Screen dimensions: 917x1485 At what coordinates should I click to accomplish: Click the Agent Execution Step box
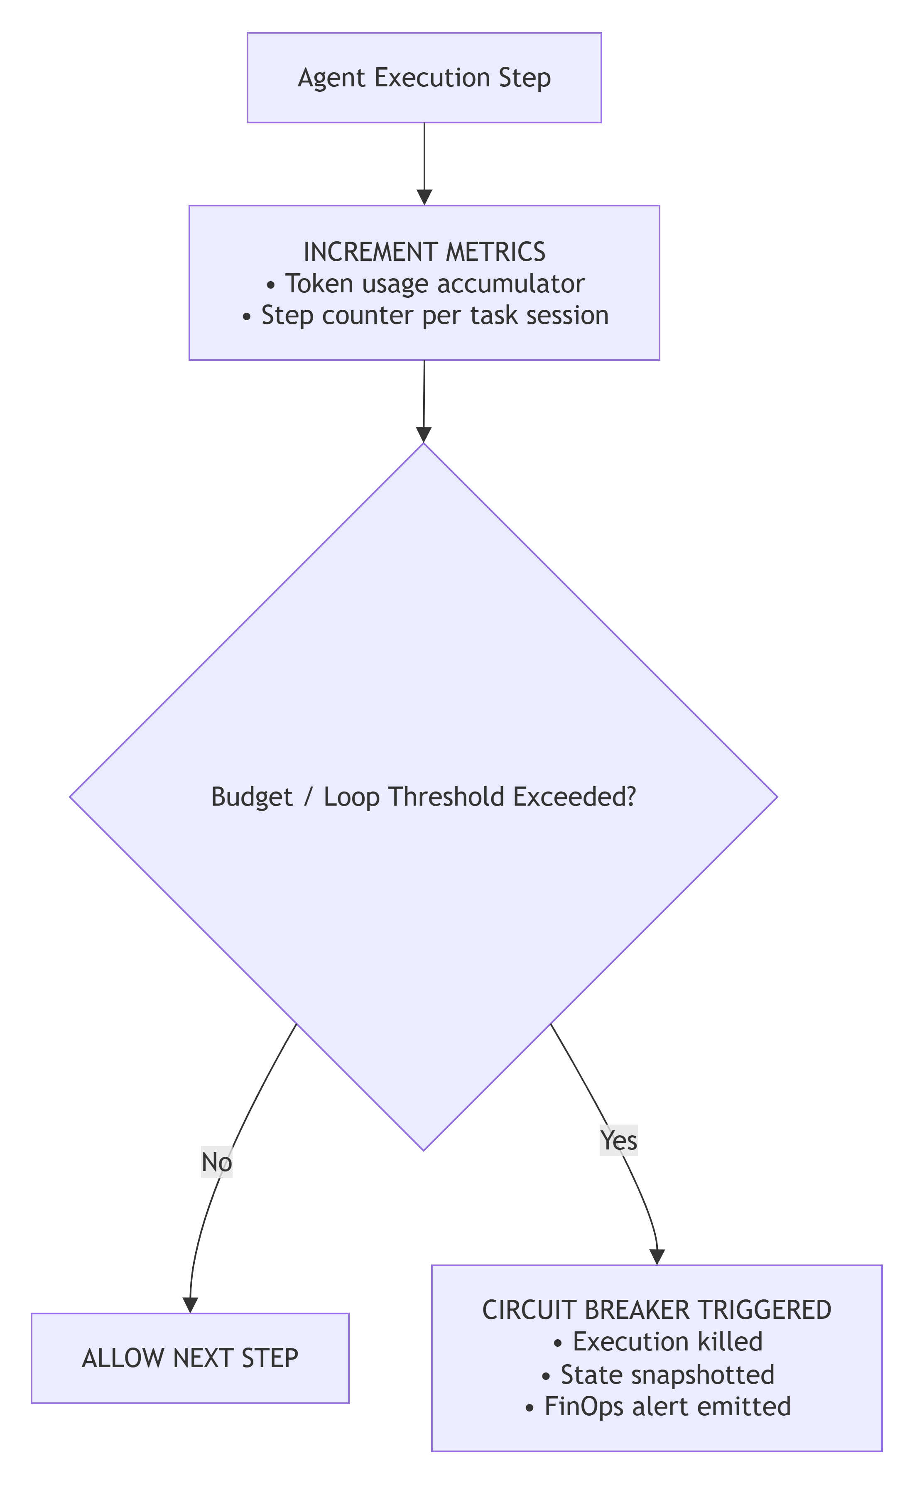pos(424,78)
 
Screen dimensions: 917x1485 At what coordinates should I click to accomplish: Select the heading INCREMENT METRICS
pos(424,252)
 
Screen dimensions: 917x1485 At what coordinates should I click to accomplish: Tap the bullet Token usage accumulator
pos(424,283)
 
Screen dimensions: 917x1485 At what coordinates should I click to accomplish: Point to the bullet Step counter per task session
pos(424,315)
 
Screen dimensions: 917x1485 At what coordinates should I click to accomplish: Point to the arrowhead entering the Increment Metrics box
pos(424,197)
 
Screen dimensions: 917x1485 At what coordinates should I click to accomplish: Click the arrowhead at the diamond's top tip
pos(423,435)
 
